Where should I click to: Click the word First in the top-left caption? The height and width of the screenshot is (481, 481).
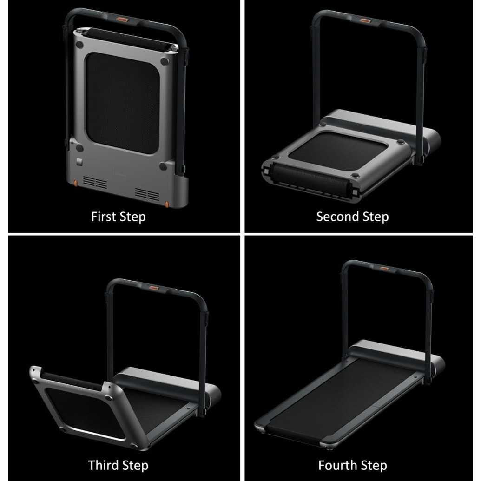coord(103,217)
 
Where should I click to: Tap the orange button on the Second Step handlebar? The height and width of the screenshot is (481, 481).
coord(365,21)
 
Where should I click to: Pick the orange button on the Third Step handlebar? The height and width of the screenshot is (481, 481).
coord(154,289)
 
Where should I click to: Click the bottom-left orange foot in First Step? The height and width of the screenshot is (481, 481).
coord(75,183)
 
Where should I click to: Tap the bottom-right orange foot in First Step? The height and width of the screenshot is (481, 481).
coord(167,204)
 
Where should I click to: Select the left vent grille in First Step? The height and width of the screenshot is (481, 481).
coord(95,183)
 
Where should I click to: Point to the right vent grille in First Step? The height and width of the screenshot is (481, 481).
coord(147,194)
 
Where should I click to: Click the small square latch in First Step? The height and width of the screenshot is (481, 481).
coord(80,162)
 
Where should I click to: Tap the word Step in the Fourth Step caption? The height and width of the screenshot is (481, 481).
coord(375,465)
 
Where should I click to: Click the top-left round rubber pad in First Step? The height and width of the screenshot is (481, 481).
coord(79,45)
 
